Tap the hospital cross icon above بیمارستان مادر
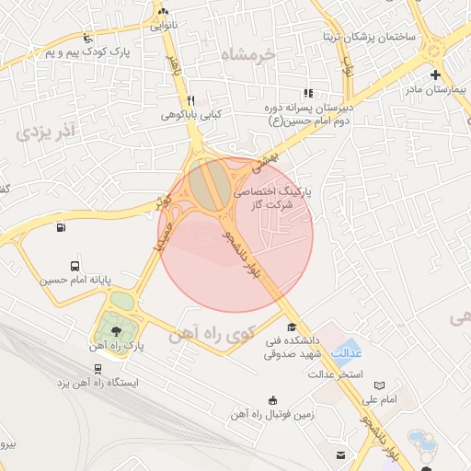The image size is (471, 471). pos(435,75)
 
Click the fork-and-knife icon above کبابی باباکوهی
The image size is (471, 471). pos(190,100)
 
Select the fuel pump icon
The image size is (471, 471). pos(61,227)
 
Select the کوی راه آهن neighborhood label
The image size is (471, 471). pos(212,337)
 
